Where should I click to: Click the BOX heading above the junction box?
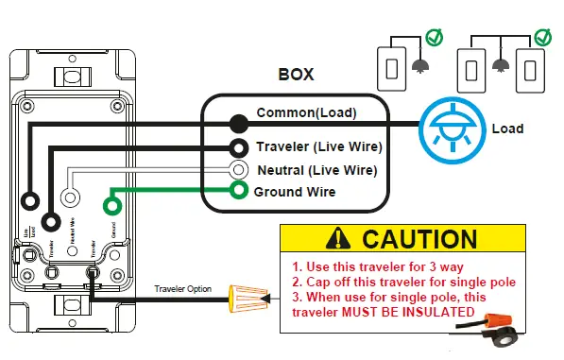pyautogui.click(x=296, y=75)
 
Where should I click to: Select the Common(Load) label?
pyautogui.click(x=307, y=113)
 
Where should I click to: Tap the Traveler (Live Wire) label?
pyautogui.click(x=318, y=147)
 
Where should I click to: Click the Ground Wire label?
pyautogui.click(x=294, y=192)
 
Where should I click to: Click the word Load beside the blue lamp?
pyautogui.click(x=508, y=128)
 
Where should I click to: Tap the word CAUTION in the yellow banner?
pyautogui.click(x=419, y=239)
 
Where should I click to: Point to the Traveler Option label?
pyautogui.click(x=184, y=288)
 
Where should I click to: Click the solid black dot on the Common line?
pyautogui.click(x=239, y=122)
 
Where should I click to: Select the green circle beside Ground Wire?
pyautogui.click(x=240, y=192)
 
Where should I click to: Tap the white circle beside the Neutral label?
pyautogui.click(x=240, y=171)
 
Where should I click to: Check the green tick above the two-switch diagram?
pyautogui.click(x=543, y=39)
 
